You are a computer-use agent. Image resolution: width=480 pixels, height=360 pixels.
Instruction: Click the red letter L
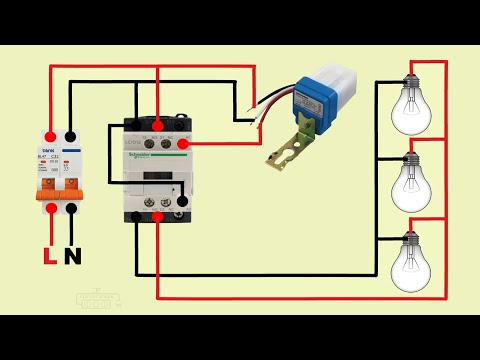click(x=50, y=258)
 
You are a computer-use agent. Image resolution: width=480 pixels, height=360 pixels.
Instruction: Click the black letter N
click(x=73, y=258)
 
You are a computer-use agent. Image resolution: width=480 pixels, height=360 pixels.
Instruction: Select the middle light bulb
click(x=410, y=179)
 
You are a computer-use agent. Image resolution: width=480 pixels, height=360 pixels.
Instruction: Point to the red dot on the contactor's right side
click(x=185, y=143)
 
